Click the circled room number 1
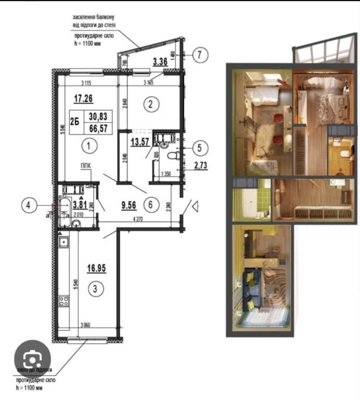[89, 145]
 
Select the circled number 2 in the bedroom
[151, 105]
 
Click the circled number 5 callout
[200, 148]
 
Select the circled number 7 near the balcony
[200, 55]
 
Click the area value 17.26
[81, 99]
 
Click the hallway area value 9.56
[129, 205]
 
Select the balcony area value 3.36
[160, 62]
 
